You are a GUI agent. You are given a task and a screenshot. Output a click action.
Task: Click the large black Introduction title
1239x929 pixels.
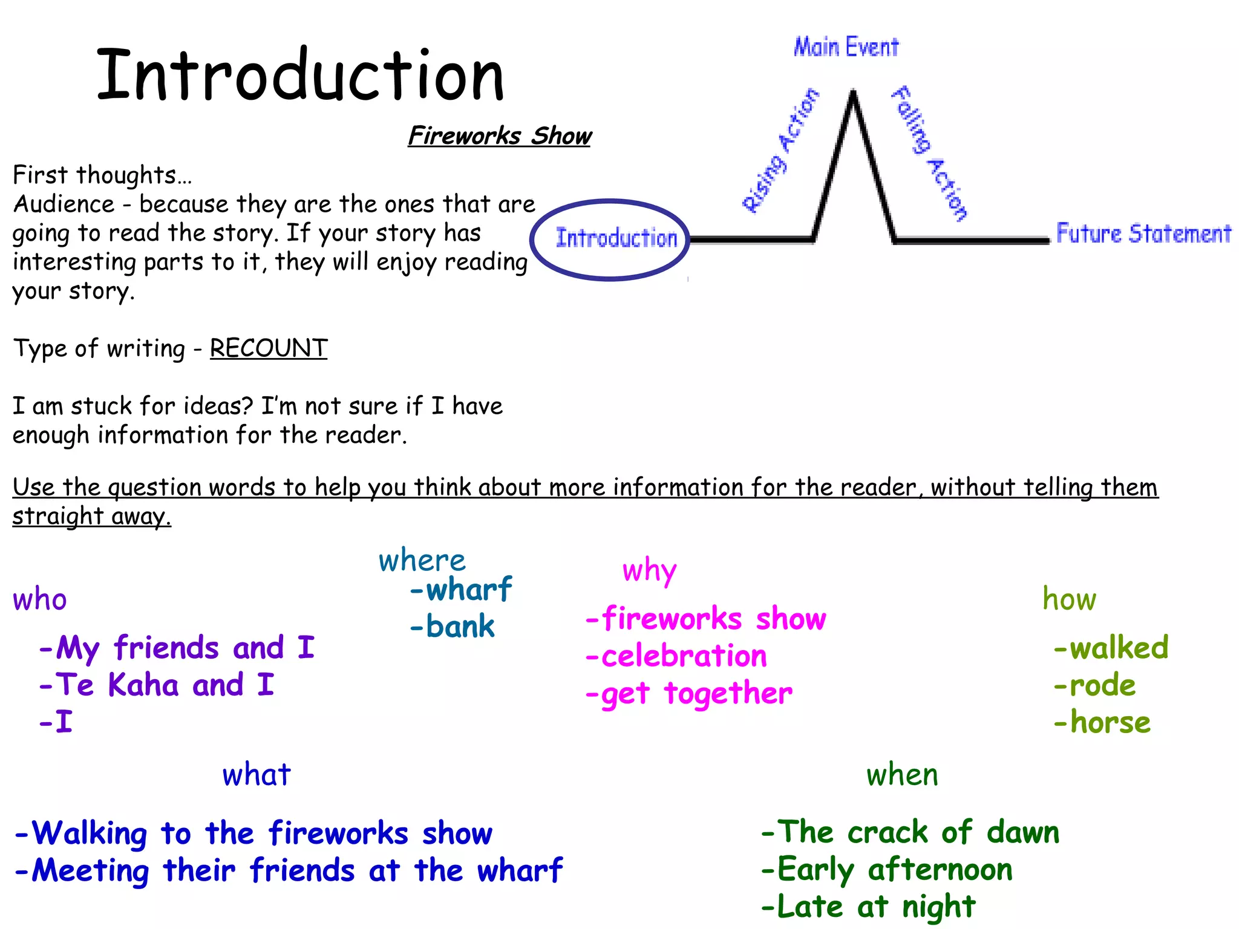(x=300, y=75)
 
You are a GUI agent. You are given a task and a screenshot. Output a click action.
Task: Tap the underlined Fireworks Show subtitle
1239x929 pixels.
(x=500, y=135)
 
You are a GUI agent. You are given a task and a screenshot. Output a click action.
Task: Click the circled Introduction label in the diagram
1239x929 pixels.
(x=616, y=238)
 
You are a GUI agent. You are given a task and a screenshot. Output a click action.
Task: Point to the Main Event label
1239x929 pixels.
(x=846, y=47)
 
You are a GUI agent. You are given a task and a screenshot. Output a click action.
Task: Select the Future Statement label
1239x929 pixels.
(x=1143, y=233)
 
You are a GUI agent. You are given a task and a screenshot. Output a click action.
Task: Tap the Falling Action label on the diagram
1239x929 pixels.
(x=929, y=152)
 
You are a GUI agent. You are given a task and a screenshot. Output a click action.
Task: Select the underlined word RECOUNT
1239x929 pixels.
(x=269, y=348)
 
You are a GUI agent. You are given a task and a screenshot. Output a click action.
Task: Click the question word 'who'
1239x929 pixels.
(x=40, y=600)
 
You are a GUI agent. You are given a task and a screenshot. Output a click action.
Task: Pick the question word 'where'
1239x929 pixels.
(x=422, y=561)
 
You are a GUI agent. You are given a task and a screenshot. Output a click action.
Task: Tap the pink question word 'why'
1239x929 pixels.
(x=649, y=570)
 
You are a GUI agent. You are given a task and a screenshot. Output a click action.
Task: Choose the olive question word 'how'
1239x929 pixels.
(x=1069, y=599)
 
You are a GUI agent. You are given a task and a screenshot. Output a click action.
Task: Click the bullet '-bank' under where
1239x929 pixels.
(x=453, y=626)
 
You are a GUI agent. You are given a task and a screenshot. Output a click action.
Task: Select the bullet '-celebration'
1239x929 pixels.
(x=676, y=656)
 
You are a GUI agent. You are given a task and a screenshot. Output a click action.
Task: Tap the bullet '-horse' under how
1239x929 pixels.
(x=1102, y=722)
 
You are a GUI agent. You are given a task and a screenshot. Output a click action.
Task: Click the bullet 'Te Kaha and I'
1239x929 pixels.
(x=157, y=685)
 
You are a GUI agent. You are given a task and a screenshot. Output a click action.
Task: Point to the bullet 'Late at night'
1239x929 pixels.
(x=869, y=907)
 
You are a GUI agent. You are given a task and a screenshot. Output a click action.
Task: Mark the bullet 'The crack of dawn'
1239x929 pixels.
(x=910, y=832)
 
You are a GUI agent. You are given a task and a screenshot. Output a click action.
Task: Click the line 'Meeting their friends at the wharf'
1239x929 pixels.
(x=289, y=871)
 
